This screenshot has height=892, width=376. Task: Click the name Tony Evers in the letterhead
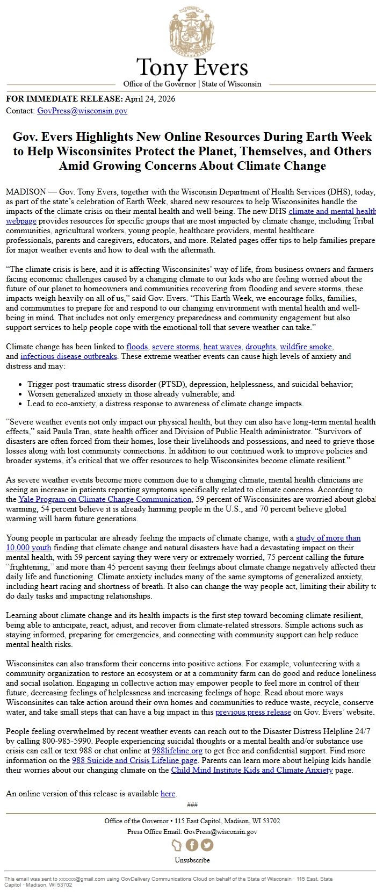(x=192, y=68)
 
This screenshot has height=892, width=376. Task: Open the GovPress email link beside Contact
(x=82, y=111)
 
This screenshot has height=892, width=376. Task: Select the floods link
(x=136, y=347)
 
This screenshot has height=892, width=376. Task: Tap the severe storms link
(x=175, y=347)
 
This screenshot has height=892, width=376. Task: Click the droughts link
(x=261, y=347)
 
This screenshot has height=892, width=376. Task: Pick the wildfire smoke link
(x=306, y=347)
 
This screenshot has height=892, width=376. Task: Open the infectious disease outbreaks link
(x=69, y=356)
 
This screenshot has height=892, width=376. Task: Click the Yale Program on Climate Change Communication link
(x=105, y=499)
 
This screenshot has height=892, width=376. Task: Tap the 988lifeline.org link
(x=177, y=751)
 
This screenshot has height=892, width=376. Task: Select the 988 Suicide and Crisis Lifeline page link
(x=135, y=760)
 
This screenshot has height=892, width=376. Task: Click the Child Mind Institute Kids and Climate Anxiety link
(x=251, y=770)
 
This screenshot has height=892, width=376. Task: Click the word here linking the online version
(x=168, y=794)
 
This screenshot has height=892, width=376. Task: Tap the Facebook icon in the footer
(x=192, y=845)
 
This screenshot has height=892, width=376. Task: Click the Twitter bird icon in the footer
(x=207, y=845)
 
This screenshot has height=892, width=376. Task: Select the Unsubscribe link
(x=192, y=860)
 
